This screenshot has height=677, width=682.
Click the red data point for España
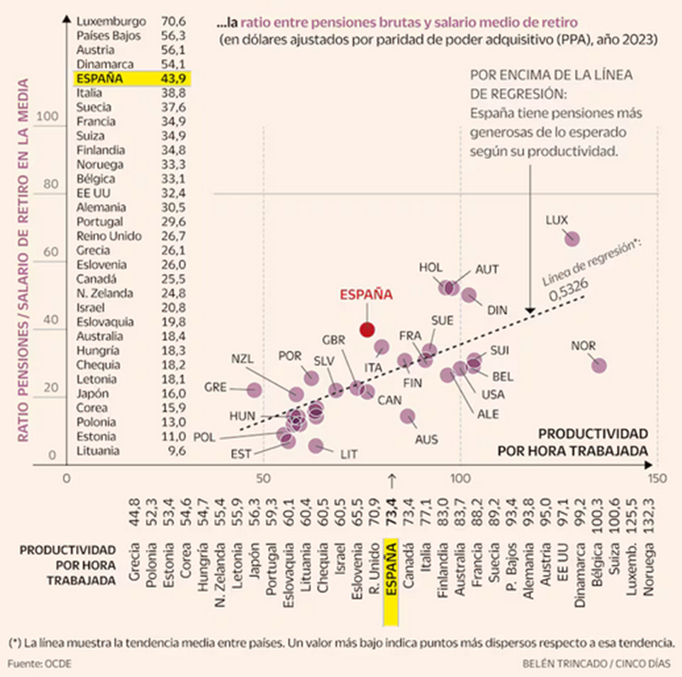pos(367,329)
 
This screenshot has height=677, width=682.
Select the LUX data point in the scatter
pos(572,239)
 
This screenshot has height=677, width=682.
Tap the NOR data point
pos(599,366)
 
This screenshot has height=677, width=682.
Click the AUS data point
pos(408,416)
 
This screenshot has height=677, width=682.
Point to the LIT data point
pos(316,446)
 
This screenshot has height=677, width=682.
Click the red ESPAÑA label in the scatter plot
pos(366,295)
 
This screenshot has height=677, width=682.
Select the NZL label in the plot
pos(242,359)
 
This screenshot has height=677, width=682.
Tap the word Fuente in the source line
pos(25,663)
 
